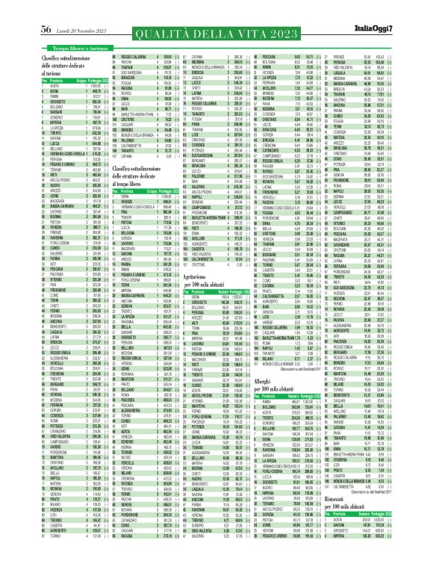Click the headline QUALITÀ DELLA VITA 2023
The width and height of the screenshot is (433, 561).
216,13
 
